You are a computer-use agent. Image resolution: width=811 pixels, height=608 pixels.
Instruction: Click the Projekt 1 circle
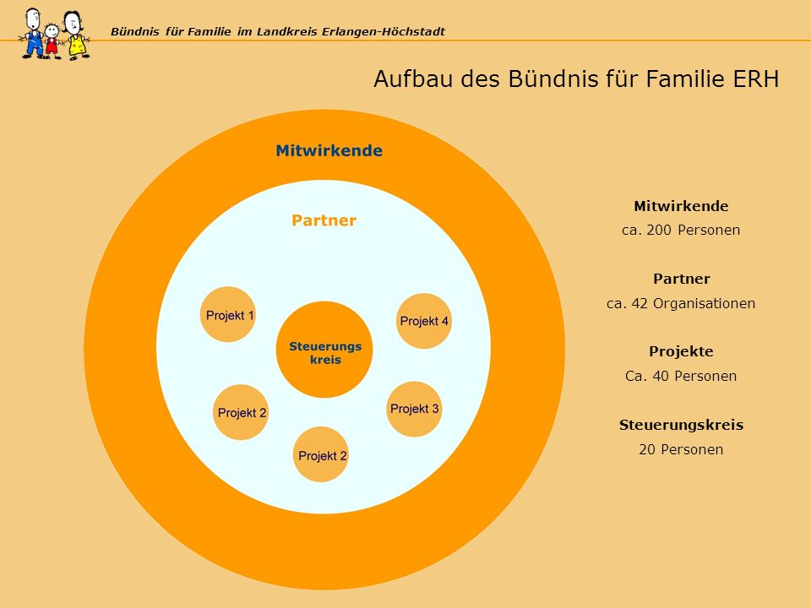pyautogui.click(x=228, y=314)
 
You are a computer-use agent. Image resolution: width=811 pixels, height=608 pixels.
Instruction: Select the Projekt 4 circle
pyautogui.click(x=424, y=321)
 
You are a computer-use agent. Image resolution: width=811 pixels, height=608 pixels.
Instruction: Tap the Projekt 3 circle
pyautogui.click(x=414, y=409)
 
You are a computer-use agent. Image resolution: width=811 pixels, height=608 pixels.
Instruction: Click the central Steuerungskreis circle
pyautogui.click(x=324, y=350)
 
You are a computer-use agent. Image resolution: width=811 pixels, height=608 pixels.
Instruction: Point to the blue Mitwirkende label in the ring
pyautogui.click(x=329, y=150)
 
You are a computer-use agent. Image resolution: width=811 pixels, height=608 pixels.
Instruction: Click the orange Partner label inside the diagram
pyautogui.click(x=324, y=220)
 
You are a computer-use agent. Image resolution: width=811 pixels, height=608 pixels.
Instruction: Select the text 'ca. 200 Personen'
pyautogui.click(x=681, y=230)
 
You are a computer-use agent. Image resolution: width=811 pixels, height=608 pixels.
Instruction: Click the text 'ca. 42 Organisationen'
pyautogui.click(x=681, y=303)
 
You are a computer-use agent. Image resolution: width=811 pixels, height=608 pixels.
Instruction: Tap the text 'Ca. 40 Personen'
pyautogui.click(x=681, y=376)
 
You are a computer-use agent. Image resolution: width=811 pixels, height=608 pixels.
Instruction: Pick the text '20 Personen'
pyautogui.click(x=681, y=449)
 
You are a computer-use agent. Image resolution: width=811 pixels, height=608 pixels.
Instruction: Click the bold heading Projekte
pyautogui.click(x=681, y=351)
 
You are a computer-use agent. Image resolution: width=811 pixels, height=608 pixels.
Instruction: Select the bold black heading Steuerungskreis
pyautogui.click(x=681, y=425)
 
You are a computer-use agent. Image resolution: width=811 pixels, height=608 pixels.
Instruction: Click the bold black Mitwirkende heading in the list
pyautogui.click(x=681, y=206)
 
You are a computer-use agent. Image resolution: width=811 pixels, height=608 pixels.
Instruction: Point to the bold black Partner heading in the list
pyautogui.click(x=681, y=279)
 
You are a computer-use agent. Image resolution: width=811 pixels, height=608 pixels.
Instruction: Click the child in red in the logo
pyautogui.click(x=52, y=41)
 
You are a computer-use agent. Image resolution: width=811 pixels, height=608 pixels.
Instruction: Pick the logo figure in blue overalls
pyautogui.click(x=33, y=34)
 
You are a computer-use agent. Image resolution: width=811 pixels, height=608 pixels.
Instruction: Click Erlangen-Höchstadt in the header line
pyautogui.click(x=384, y=31)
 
